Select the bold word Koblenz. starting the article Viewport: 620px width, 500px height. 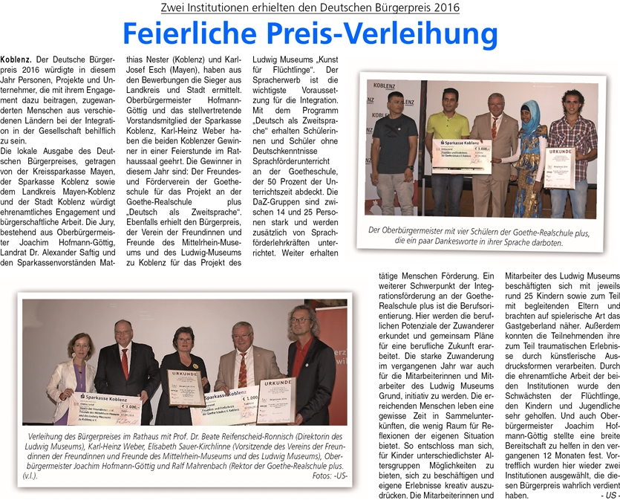point(16,58)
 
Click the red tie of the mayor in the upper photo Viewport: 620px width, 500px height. point(494,127)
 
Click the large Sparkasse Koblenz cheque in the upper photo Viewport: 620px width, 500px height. point(462,155)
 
